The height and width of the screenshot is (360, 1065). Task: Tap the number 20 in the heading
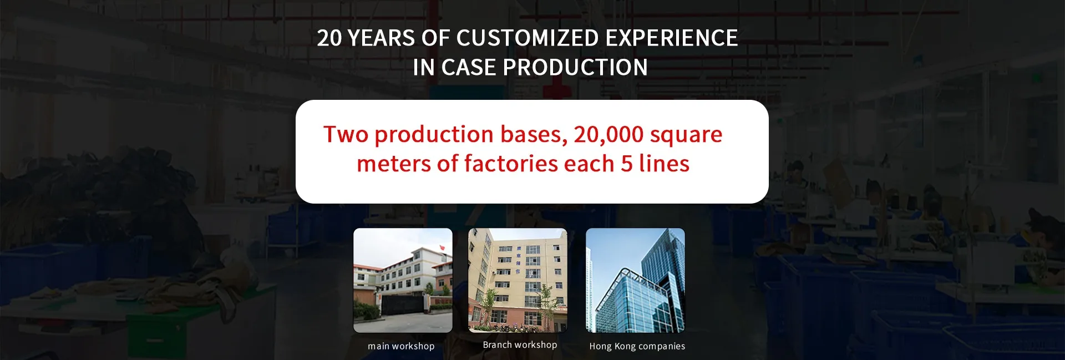(329, 38)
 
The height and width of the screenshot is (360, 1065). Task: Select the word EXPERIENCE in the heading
(672, 38)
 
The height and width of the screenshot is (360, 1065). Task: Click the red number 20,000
(608, 135)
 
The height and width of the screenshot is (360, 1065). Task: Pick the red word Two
(346, 134)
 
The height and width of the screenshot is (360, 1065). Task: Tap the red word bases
(534, 135)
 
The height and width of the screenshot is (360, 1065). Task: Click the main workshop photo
(403, 280)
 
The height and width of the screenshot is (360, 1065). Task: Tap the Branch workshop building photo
(518, 280)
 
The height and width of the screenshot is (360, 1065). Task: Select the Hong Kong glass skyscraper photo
(635, 280)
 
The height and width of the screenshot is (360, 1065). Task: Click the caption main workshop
(401, 346)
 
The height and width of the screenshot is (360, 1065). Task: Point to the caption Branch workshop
(520, 344)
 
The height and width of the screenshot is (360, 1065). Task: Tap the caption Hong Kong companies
(637, 346)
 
